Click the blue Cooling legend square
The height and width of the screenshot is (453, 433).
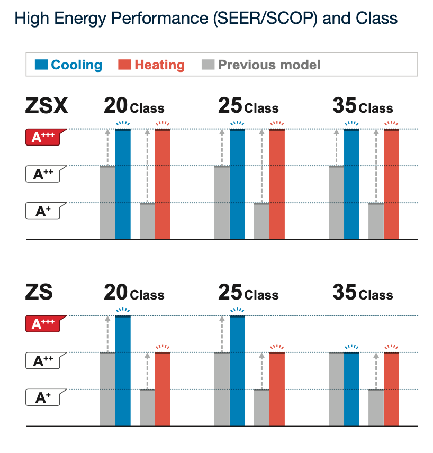pyautogui.click(x=41, y=65)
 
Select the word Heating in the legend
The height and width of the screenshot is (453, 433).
pyautogui.click(x=159, y=65)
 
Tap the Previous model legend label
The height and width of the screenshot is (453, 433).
pyautogui.click(x=269, y=65)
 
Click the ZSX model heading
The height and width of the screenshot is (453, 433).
pyautogui.click(x=47, y=106)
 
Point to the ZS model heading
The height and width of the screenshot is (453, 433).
pyautogui.click(x=39, y=293)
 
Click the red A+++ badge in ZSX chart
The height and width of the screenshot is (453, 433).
pyautogui.click(x=44, y=138)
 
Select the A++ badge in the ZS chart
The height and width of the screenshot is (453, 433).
pyautogui.click(x=44, y=361)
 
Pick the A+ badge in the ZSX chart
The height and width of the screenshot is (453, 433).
pyautogui.click(x=44, y=211)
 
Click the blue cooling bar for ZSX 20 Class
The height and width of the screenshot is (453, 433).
pyautogui.click(x=123, y=184)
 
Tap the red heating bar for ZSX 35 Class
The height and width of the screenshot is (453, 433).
pyautogui.click(x=391, y=184)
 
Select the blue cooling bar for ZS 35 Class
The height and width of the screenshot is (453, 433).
pyautogui.click(x=351, y=389)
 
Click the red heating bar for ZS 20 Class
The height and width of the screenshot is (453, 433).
pyautogui.click(x=163, y=389)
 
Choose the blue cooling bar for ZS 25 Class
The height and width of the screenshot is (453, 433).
pyautogui.click(x=237, y=370)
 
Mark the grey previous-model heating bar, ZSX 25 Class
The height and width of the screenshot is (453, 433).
pyautogui.click(x=261, y=221)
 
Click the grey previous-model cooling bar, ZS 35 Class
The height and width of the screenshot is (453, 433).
pyautogui.click(x=336, y=389)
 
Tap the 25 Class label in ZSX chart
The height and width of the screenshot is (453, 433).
pyautogui.click(x=248, y=107)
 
